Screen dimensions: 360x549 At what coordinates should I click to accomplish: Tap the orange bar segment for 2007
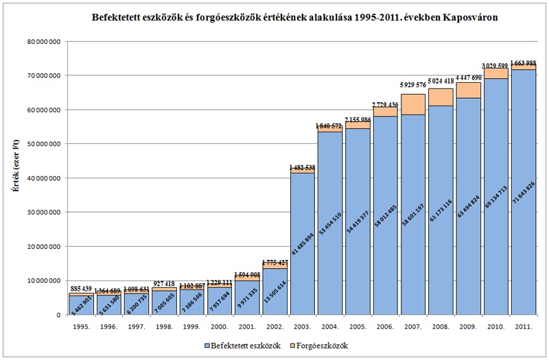click(412, 104)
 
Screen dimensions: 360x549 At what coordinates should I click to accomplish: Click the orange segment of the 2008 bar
click(440, 97)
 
